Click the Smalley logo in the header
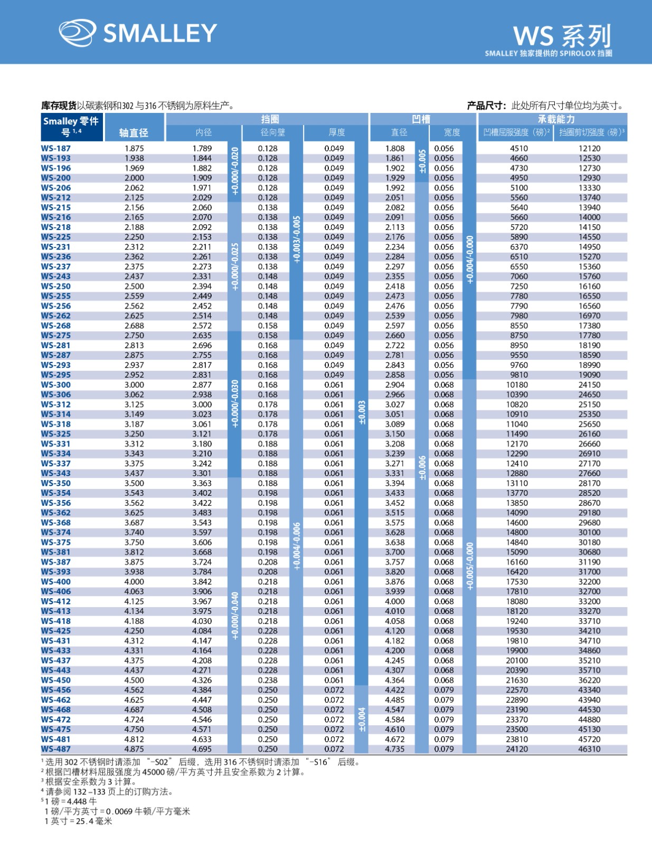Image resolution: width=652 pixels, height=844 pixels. (x=137, y=33)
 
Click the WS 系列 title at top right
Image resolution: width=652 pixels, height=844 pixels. (x=562, y=36)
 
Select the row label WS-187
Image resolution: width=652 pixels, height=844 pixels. (x=56, y=148)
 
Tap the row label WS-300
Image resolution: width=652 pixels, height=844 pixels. (x=56, y=385)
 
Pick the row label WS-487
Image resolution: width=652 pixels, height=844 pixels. (x=56, y=749)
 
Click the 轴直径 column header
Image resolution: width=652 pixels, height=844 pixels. (x=134, y=133)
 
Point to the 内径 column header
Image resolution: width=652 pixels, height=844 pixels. (x=203, y=132)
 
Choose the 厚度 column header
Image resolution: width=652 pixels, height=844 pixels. (x=336, y=132)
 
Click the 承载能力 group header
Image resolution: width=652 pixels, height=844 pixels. (x=556, y=119)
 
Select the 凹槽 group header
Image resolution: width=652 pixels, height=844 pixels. (x=421, y=119)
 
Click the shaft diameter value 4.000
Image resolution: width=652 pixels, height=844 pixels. (x=134, y=581)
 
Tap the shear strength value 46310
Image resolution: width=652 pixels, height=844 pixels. (x=589, y=749)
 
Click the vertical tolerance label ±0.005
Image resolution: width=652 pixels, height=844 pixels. (x=422, y=162)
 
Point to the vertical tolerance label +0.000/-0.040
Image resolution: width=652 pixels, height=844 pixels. (x=235, y=615)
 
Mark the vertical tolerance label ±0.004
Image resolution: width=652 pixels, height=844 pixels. (x=362, y=720)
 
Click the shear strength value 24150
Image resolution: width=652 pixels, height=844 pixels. (x=589, y=385)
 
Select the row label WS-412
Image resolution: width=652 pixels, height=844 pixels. (x=56, y=601)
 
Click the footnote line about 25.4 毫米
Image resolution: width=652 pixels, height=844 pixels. (x=79, y=821)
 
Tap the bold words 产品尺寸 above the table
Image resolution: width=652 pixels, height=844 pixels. (x=486, y=105)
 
